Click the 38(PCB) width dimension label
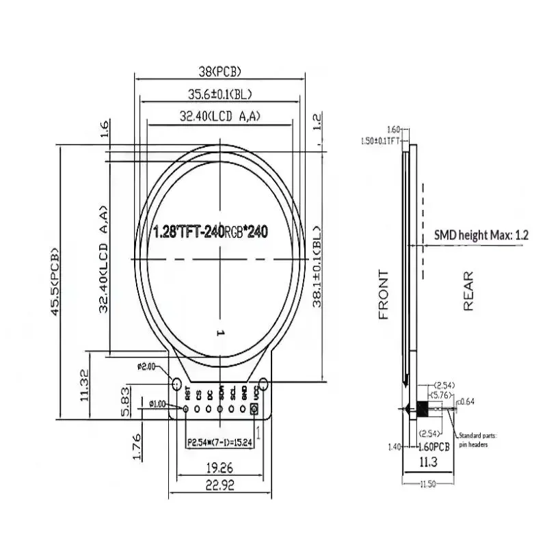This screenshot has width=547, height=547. coord(219,70)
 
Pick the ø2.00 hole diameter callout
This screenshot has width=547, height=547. coord(148,366)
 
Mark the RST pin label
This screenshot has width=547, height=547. coord(186,393)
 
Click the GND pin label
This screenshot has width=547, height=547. coord(244,393)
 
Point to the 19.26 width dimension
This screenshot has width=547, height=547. coord(219,468)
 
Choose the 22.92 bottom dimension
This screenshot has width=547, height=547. coord(219,485)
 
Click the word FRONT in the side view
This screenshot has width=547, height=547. coord(384,295)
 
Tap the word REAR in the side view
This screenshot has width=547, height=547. coord(468,293)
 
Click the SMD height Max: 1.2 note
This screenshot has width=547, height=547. coord(481,235)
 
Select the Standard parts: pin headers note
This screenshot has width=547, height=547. coord(478,439)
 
